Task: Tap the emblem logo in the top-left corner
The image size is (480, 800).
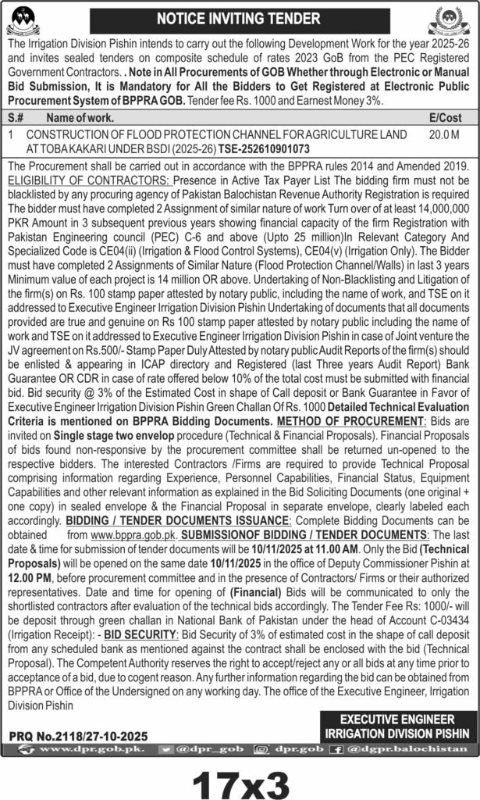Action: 26,19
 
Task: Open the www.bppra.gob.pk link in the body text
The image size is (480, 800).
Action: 134,534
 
